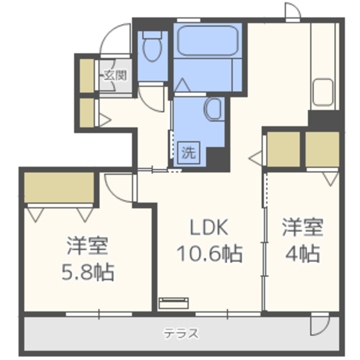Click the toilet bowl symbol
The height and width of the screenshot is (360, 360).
pos(152,47)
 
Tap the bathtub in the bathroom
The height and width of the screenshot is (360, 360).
pos(208,40)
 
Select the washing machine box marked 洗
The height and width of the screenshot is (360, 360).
pos(188,152)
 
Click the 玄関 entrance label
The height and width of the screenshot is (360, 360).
pos(115,75)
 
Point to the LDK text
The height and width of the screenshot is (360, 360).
pos(209,227)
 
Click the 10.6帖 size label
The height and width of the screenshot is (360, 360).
pos(209,254)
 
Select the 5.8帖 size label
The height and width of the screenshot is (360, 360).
pos(88,272)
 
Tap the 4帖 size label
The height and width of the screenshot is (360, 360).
pos(303,254)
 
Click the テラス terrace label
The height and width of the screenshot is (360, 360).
pos(181,333)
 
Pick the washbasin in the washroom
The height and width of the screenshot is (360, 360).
pos(214,109)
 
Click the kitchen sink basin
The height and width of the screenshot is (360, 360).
pos(323,92)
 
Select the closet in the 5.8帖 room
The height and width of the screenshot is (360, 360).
pos(59,187)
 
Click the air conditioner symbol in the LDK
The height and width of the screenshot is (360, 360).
pos(174,303)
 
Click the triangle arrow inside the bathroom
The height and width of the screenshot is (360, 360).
pos(182,85)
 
